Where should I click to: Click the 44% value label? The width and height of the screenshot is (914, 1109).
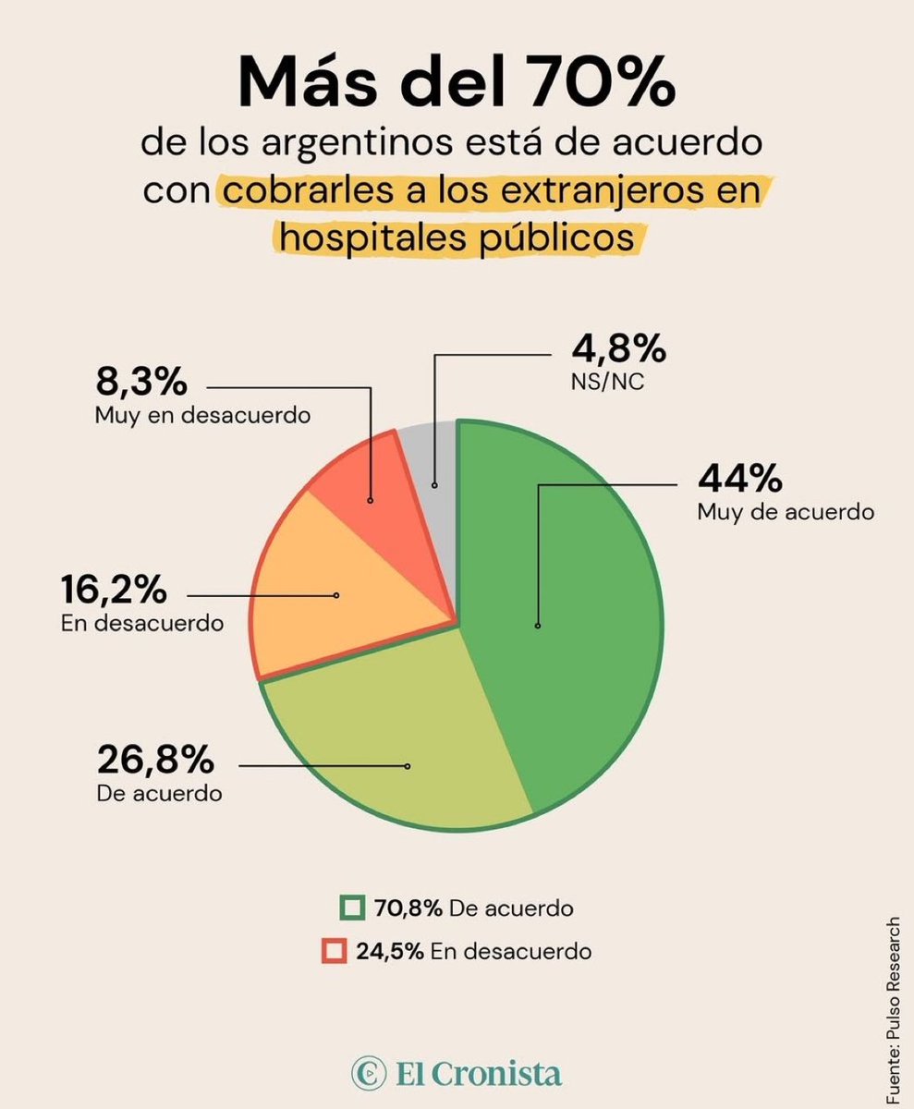740,479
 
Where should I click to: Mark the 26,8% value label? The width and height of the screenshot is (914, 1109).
155,761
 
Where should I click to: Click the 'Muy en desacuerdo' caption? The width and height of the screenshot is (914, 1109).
201,416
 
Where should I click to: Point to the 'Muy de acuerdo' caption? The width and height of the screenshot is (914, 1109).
786,512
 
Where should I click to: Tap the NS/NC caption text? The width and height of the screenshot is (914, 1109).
607,381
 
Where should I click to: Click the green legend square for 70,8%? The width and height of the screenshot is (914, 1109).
352,908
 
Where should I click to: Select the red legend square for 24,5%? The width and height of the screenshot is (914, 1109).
335,950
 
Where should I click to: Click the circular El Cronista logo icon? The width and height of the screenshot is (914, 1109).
368,1075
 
